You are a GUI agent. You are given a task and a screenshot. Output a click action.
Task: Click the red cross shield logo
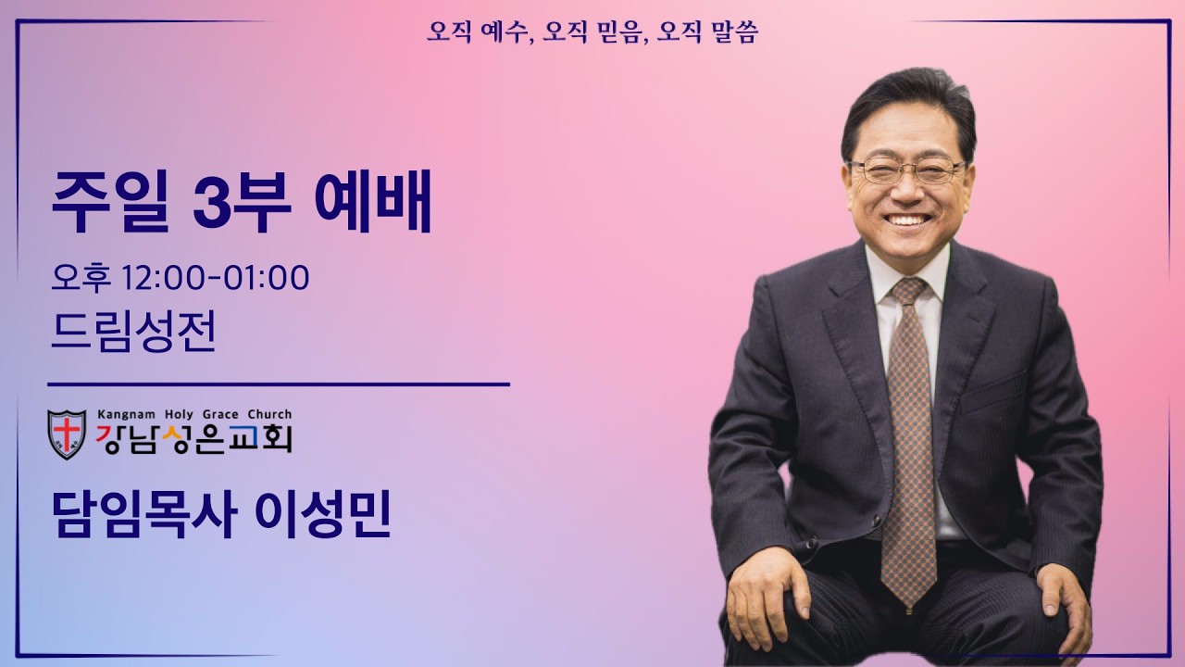pyautogui.click(x=67, y=433)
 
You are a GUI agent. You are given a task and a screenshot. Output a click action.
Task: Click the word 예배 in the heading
pyautogui.click(x=373, y=206)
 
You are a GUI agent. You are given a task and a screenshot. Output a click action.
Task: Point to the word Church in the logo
pyautogui.click(x=268, y=414)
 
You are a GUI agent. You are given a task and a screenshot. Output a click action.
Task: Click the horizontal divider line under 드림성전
pyautogui.click(x=278, y=384)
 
